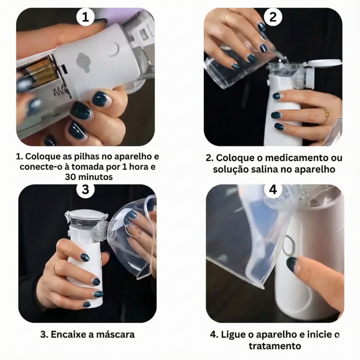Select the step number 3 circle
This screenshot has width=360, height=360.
click(85, 189)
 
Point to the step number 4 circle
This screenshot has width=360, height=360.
click(273, 189)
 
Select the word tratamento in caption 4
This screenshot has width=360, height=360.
click(274, 345)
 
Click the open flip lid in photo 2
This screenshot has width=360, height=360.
click(323, 63)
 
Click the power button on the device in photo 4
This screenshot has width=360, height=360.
click(288, 245)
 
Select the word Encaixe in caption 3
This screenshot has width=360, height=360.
click(72, 334)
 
